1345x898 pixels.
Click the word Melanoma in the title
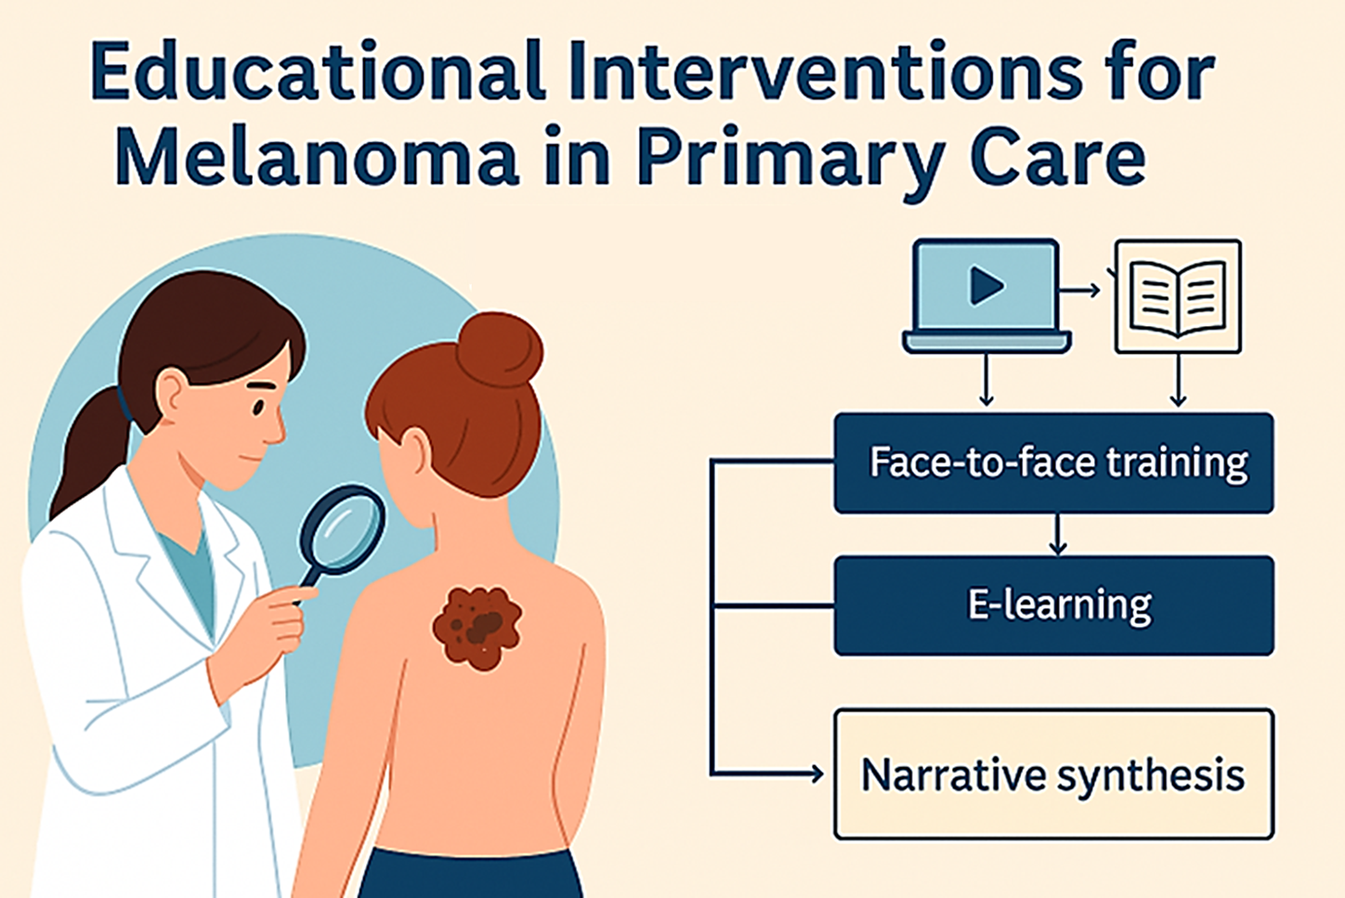point(317,155)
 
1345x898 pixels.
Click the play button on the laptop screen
point(986,285)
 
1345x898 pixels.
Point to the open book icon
point(1178,297)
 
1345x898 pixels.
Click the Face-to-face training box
point(1053,462)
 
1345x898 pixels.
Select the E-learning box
point(1053,605)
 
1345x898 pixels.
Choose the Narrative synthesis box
point(1053,774)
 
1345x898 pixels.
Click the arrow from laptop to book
point(1079,291)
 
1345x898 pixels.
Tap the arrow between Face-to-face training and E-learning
point(1057,534)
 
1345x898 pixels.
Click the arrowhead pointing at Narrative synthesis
point(817,774)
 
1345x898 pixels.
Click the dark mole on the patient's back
point(477,628)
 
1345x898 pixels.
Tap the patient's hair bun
point(499,349)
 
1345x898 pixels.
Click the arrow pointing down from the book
point(1178,380)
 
